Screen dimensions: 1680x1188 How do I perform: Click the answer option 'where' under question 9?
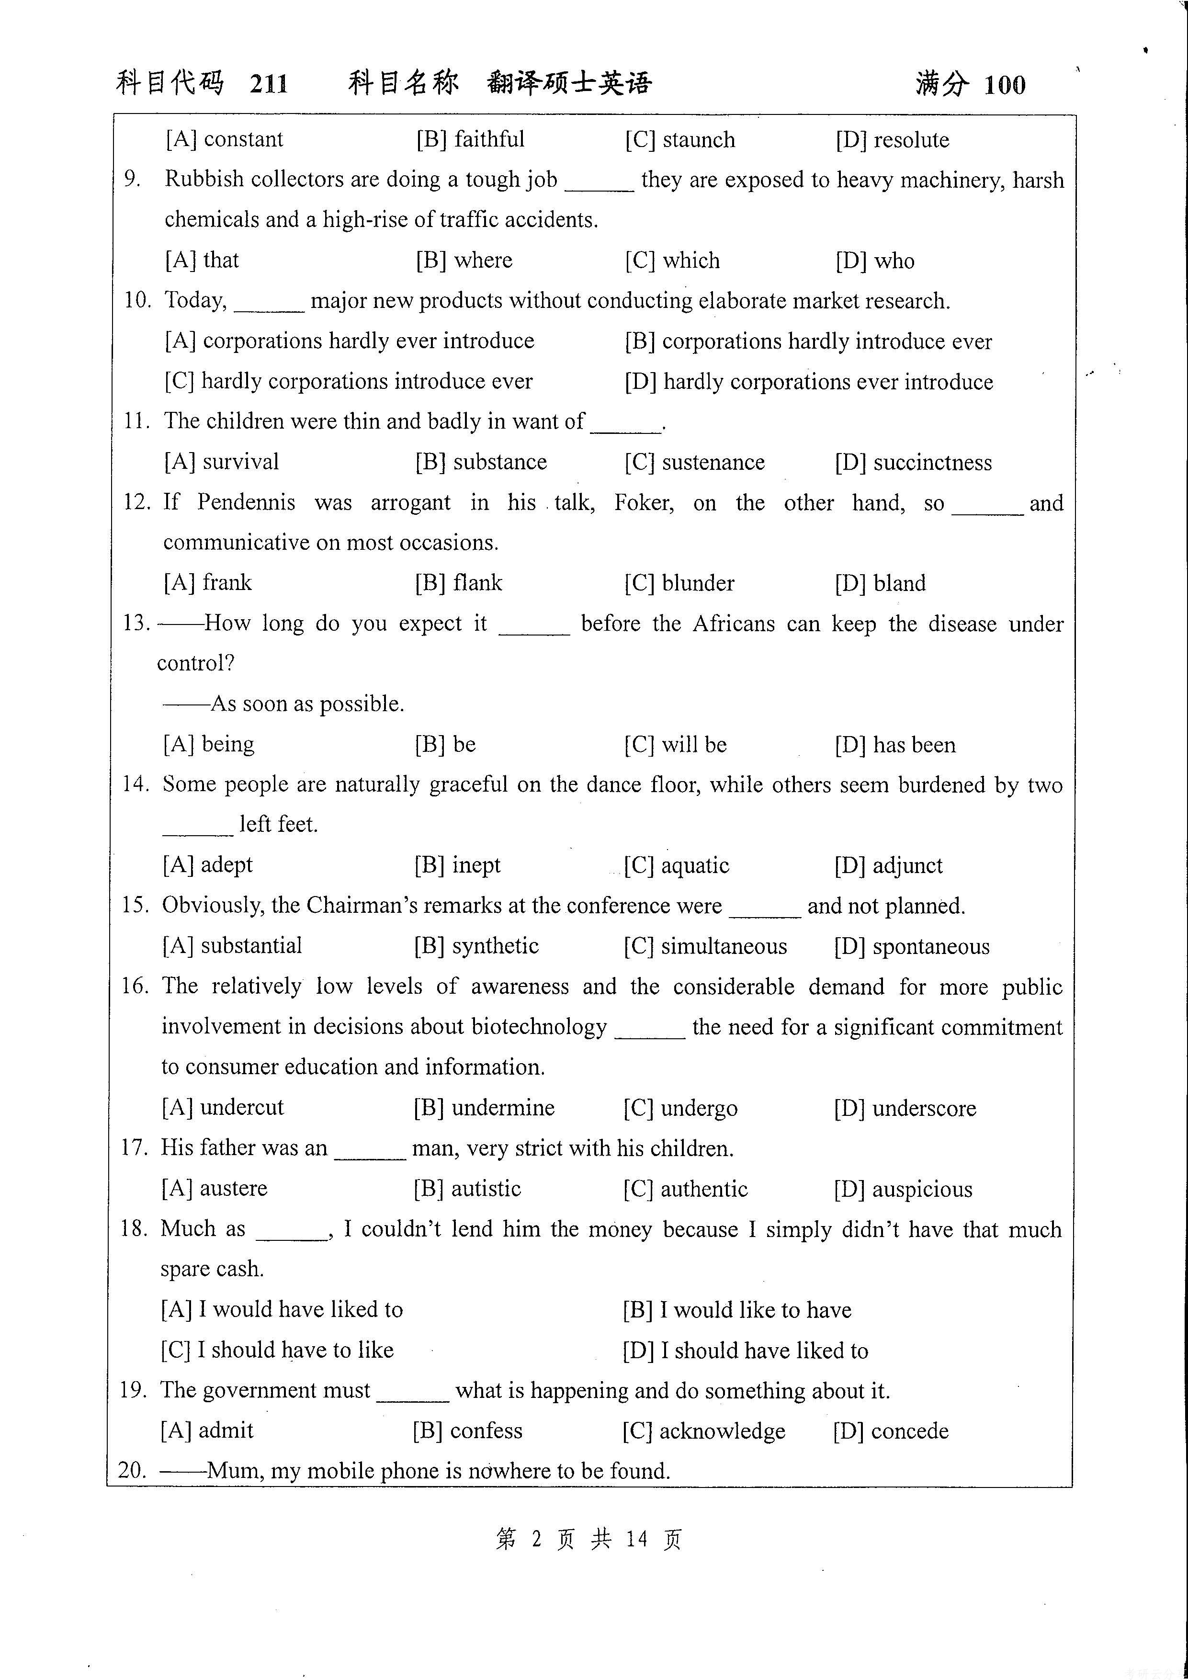coord(483,261)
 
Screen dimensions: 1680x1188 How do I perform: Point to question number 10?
coord(137,300)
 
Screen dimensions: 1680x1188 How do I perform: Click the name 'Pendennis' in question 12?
coord(246,503)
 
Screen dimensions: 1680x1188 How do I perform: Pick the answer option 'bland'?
coord(899,583)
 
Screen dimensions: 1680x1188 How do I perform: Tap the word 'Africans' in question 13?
coord(733,624)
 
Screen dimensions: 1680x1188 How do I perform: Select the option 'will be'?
coord(693,745)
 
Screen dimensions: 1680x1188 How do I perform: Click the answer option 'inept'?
coord(476,865)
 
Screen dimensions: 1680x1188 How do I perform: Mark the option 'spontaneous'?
coord(930,947)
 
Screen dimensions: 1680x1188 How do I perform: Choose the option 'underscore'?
coord(924,1109)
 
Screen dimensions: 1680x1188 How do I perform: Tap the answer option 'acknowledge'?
coord(722,1431)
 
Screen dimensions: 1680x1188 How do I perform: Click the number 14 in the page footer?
coord(636,1540)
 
